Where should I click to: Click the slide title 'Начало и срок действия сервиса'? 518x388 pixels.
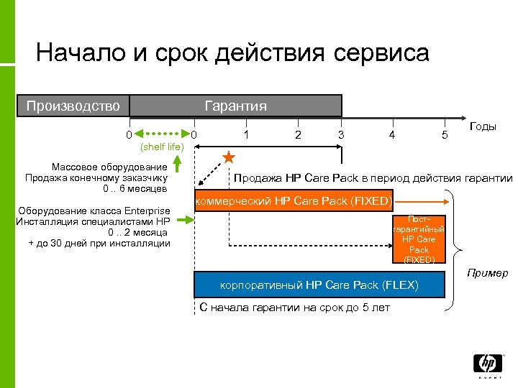232,53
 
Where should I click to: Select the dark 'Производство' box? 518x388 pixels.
73,106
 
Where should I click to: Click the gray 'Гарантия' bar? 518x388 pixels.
235,106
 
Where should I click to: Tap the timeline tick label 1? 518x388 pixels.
247,134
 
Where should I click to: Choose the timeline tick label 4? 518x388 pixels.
391,134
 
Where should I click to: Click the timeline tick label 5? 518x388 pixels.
445,134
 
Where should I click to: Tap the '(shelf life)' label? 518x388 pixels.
162,147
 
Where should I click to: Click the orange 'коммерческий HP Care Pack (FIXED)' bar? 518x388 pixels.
294,200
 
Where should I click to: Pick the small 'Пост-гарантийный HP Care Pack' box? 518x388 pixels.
419,239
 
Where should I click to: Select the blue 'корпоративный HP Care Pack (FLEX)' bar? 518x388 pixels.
319,285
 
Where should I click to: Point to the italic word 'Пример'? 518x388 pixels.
487,272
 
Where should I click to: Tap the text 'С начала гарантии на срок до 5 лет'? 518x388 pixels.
294,308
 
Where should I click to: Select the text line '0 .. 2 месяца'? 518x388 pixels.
137,232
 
